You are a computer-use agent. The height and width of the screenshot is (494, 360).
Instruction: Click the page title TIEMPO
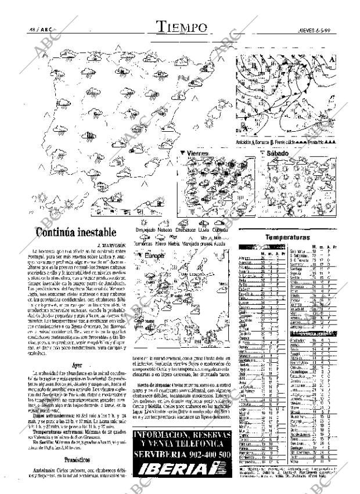pyautogui.click(x=182, y=27)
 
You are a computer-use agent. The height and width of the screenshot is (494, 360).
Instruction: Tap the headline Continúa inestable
pyautogui.click(x=76, y=232)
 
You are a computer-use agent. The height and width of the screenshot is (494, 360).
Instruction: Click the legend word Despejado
pyautogui.click(x=145, y=230)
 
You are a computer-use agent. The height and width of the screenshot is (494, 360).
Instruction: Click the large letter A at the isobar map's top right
pyautogui.click(x=332, y=60)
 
